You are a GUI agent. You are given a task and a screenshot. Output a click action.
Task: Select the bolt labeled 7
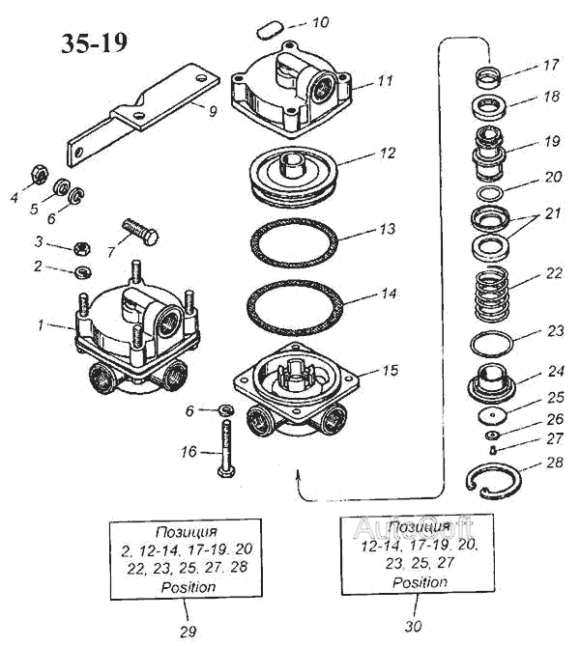[x=140, y=233]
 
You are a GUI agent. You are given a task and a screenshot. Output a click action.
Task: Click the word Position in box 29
[x=188, y=586]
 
